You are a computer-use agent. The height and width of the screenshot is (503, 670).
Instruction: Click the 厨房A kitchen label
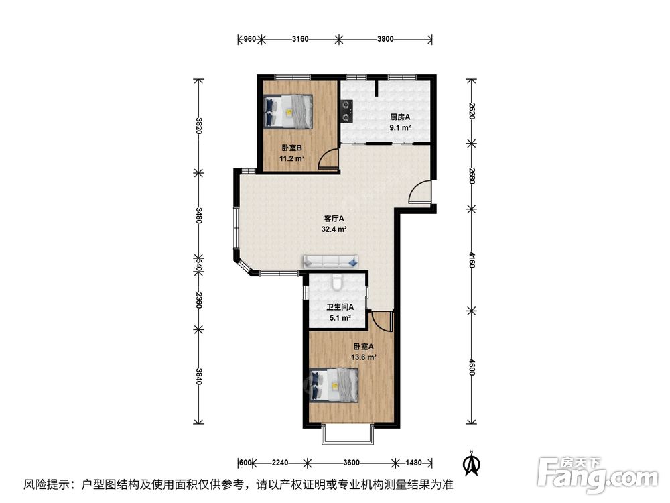point(400,117)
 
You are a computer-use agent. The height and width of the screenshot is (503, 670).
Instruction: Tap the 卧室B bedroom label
point(292,148)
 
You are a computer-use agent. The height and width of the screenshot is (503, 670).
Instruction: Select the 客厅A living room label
point(334,219)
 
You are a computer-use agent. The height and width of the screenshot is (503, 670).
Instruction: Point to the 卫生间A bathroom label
point(340,307)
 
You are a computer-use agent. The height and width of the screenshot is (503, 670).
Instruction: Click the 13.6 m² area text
point(364,357)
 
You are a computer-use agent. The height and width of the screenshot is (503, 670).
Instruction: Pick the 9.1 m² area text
point(400,127)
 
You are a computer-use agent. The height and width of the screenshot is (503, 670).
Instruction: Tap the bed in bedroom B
point(288,111)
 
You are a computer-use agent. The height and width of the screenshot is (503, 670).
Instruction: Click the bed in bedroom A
point(333,386)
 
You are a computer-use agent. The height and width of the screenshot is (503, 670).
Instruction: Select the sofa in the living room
point(331,262)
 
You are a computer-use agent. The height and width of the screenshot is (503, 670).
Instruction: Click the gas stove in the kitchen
point(346,111)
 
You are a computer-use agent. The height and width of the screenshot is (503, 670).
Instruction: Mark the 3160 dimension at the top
point(300,40)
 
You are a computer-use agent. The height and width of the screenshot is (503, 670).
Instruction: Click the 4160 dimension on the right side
point(471,260)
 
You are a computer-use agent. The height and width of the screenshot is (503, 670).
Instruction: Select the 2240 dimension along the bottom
point(280,462)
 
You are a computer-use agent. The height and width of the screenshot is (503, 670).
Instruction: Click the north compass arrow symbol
point(472,463)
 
